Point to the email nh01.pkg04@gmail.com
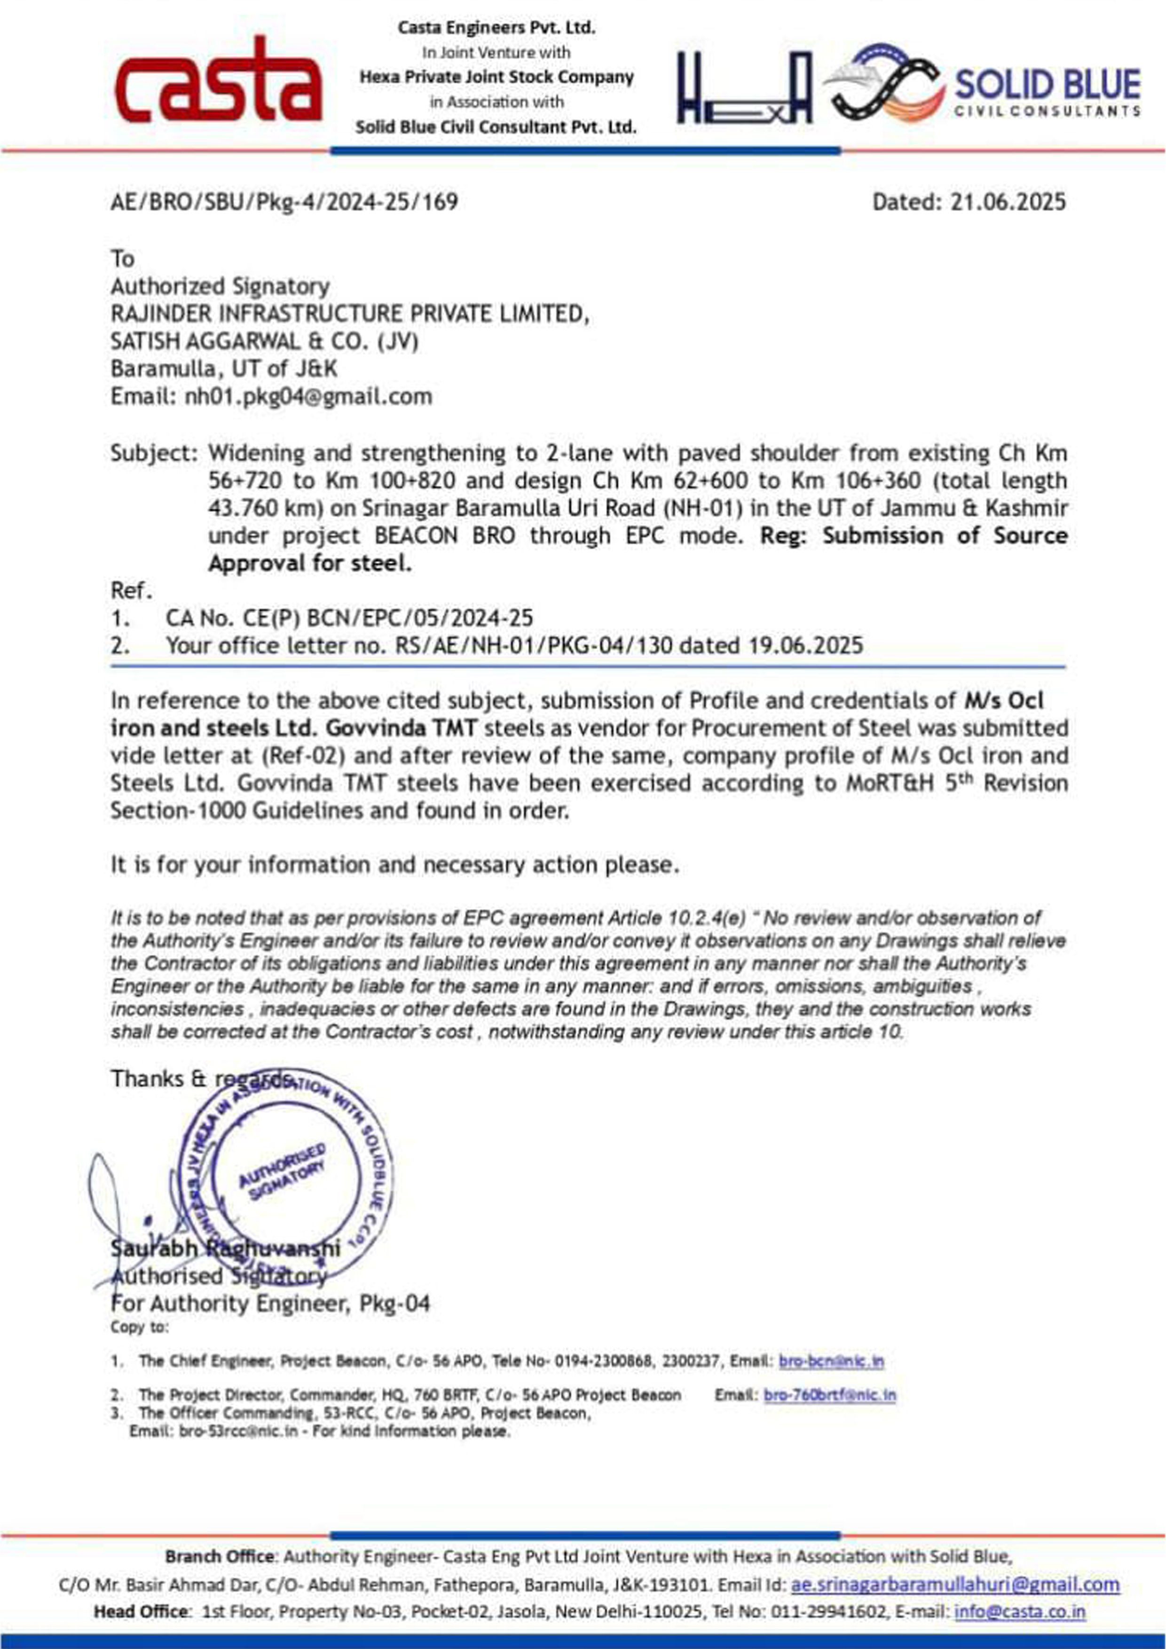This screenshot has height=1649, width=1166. [308, 396]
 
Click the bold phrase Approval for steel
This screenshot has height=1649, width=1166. [310, 563]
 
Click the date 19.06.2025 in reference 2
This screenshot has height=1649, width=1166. [805, 646]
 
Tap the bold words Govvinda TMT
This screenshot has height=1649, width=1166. [401, 728]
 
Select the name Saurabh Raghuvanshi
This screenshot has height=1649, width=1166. [225, 1248]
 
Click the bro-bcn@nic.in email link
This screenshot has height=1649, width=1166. [831, 1361]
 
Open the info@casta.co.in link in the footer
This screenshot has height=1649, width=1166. [1019, 1612]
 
